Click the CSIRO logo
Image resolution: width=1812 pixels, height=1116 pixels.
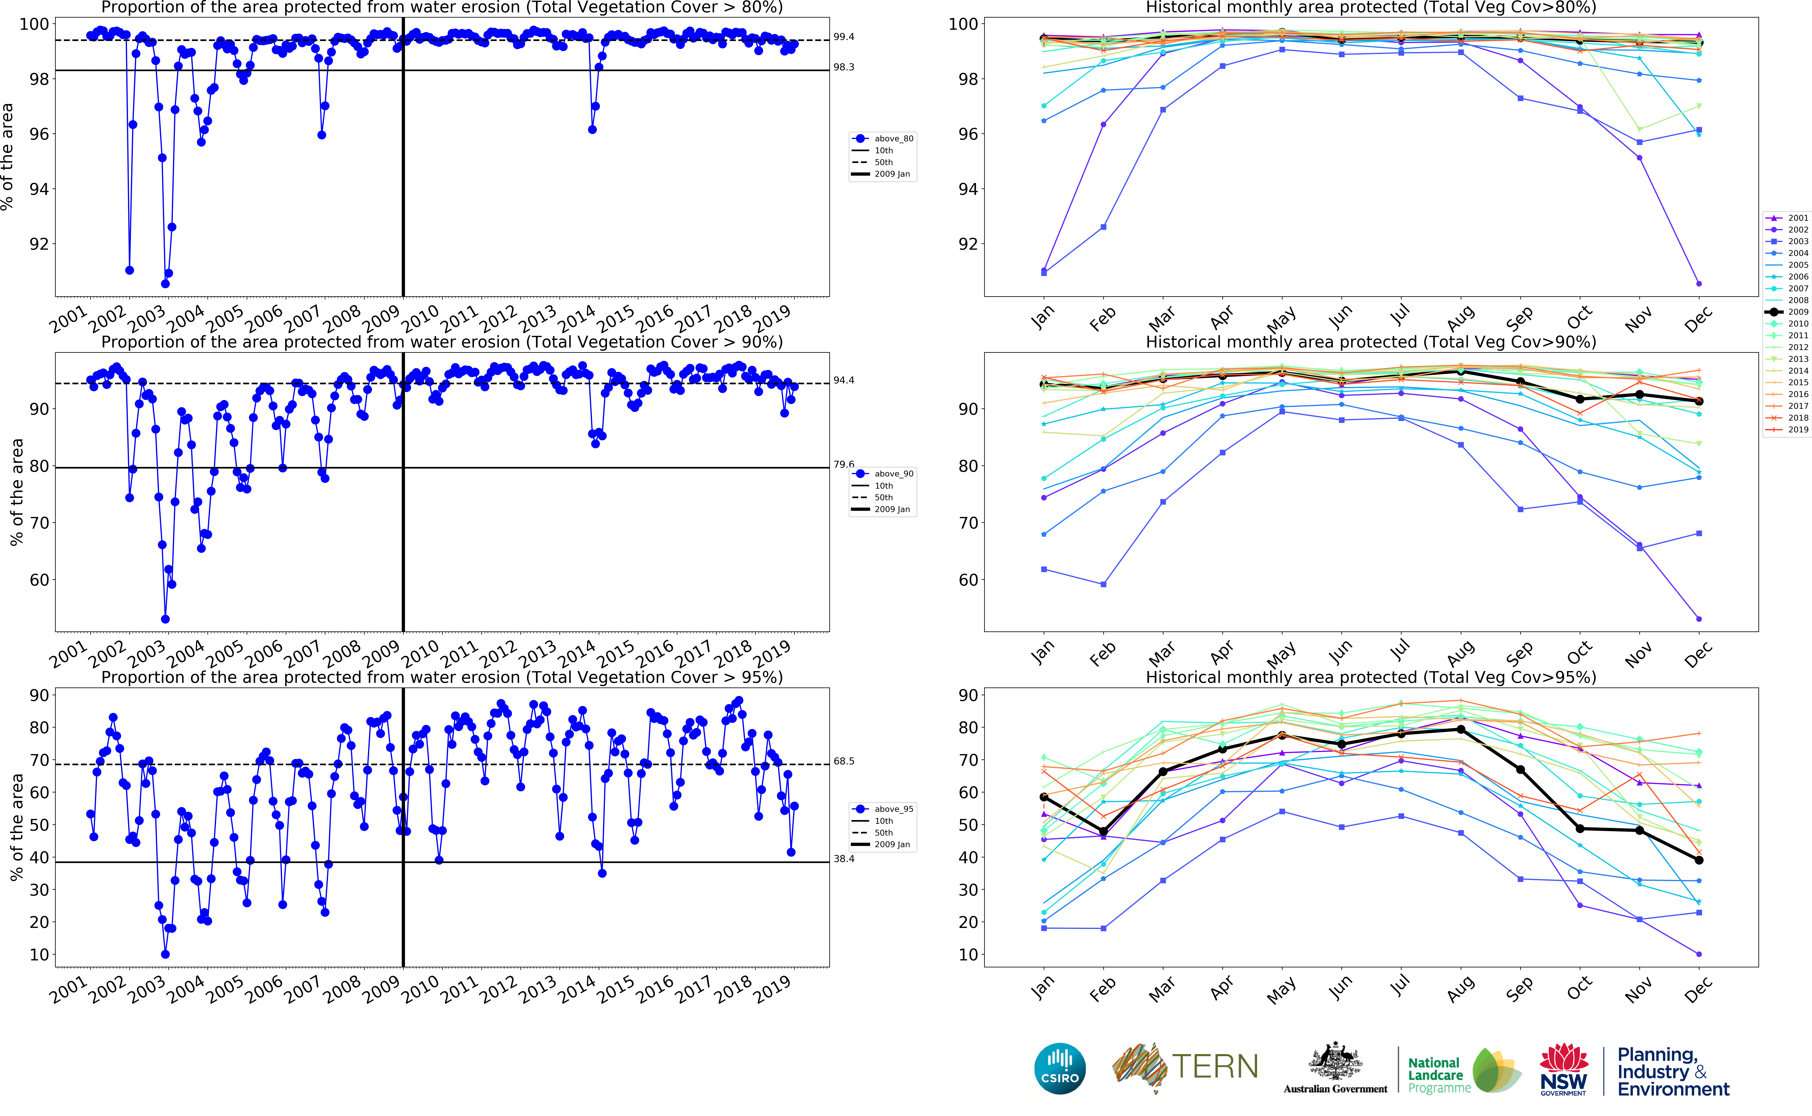coord(1060,1068)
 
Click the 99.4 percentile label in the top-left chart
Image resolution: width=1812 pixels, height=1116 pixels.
coord(844,37)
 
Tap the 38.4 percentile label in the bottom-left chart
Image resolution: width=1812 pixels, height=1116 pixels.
coord(844,859)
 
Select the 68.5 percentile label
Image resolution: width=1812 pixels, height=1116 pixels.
coord(844,761)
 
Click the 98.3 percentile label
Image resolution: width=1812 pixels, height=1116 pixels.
coord(844,67)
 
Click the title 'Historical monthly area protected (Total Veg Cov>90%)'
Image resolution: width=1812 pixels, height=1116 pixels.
coord(1371,342)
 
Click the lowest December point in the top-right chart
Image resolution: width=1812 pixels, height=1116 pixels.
coord(1699,283)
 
